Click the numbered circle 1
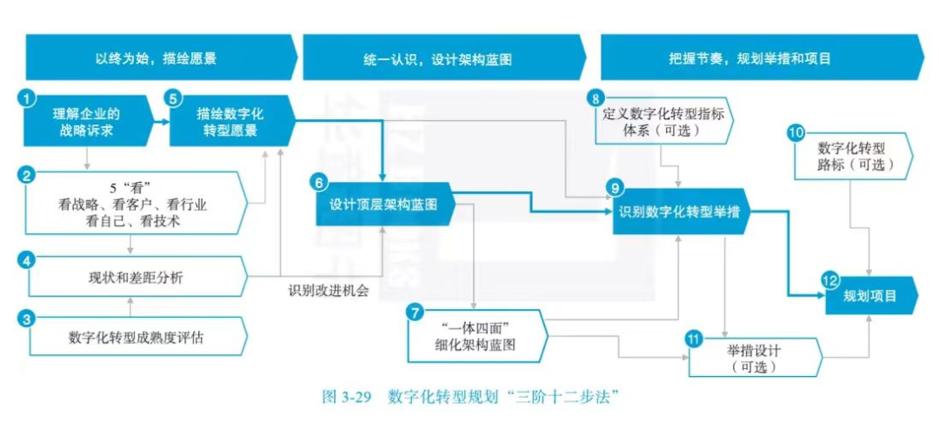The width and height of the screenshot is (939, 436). coord(28,99)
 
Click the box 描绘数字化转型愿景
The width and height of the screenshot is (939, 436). coord(230,123)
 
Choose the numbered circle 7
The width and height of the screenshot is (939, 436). coord(415,312)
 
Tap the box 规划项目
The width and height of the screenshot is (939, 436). coord(870,296)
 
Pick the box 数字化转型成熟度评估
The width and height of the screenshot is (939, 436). coord(136,337)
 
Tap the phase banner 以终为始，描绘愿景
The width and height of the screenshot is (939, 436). coord(156,58)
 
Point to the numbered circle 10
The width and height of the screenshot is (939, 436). coord(795,133)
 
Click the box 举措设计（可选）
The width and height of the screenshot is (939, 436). coord(754,357)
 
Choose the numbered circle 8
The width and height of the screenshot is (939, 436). coord(596,97)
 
